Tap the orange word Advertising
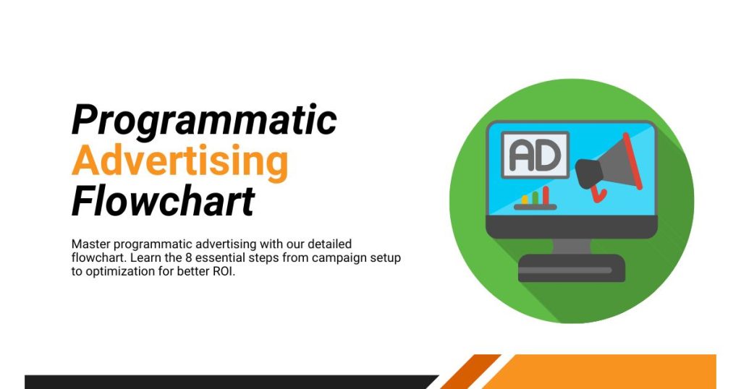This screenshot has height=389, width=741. [x=180, y=161]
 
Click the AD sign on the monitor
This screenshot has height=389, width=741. [x=535, y=155]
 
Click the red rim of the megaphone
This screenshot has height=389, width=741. [x=632, y=161]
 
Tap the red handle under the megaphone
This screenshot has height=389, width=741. [x=598, y=194]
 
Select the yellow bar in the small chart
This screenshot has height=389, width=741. [x=525, y=200]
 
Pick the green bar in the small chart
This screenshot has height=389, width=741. [x=535, y=198]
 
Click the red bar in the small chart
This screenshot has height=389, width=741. [x=546, y=195]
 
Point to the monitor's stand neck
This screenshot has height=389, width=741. [x=572, y=247]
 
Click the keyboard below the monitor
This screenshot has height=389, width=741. [x=572, y=268]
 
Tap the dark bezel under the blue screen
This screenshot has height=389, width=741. [x=572, y=226]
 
